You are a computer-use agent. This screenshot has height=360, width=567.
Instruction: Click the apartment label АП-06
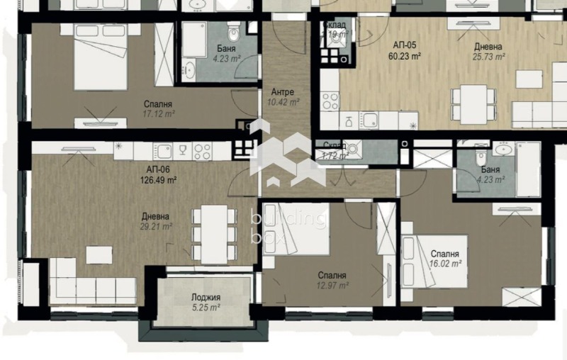(x=157, y=169)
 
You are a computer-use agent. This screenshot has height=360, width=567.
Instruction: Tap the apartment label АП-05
(x=405, y=44)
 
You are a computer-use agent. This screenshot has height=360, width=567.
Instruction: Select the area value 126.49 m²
(x=158, y=180)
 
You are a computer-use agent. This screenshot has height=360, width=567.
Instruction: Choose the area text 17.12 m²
(x=157, y=114)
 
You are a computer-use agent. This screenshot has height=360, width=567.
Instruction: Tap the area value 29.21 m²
(x=156, y=227)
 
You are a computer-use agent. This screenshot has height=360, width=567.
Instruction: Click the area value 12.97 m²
(x=332, y=286)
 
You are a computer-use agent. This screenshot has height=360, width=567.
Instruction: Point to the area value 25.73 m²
(x=489, y=57)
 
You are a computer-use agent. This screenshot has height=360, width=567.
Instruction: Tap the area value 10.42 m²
(x=283, y=102)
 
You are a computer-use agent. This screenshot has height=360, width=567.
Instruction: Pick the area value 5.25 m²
(x=206, y=308)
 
